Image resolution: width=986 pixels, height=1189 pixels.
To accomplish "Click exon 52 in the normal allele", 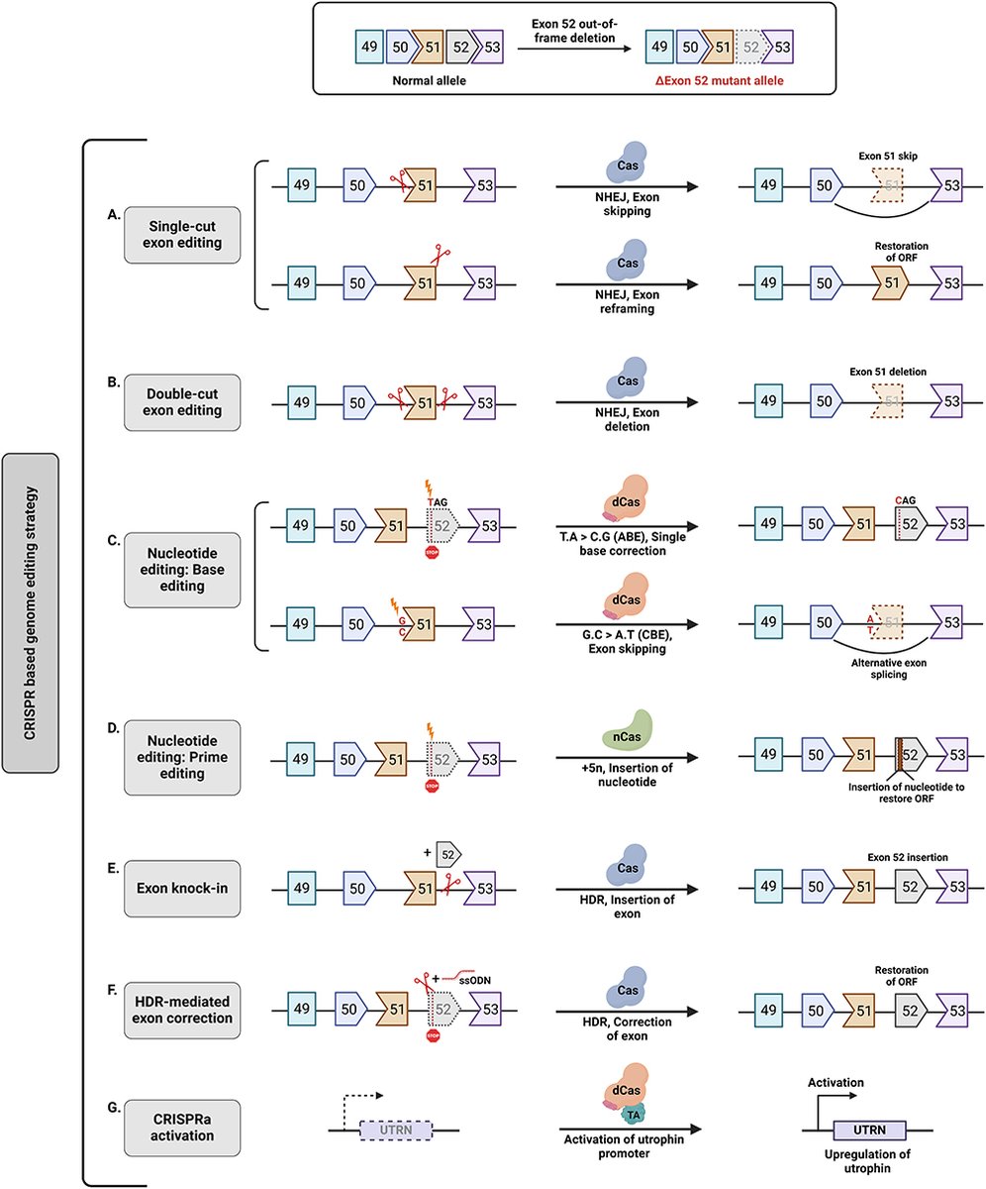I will [x=459, y=46].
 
